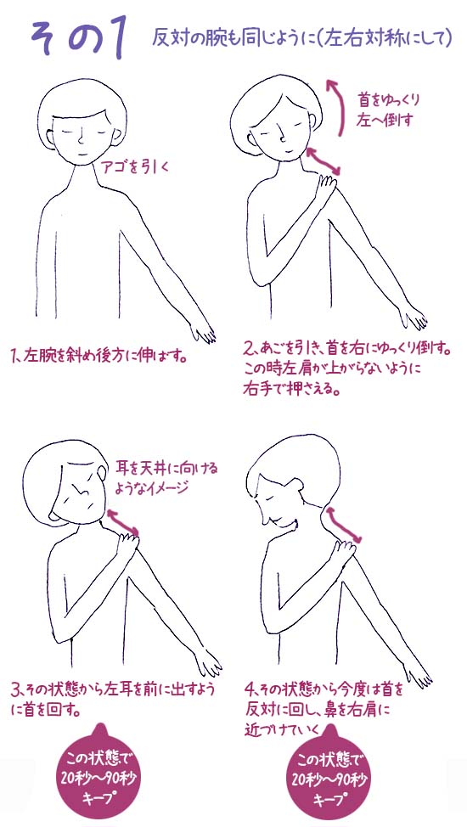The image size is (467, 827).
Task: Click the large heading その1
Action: (x=82, y=38)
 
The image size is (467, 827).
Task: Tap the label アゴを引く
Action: (x=135, y=167)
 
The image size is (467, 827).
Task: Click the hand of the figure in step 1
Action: (x=202, y=329)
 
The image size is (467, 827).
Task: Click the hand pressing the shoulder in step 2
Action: (x=325, y=188)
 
